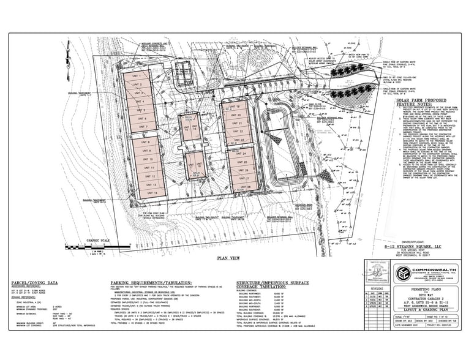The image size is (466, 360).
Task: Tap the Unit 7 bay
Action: [x=143, y=127]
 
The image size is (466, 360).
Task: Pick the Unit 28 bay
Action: [x=246, y=187]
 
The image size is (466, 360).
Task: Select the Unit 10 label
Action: [x=146, y=159]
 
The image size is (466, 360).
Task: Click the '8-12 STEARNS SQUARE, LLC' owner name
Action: [x=412, y=247]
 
